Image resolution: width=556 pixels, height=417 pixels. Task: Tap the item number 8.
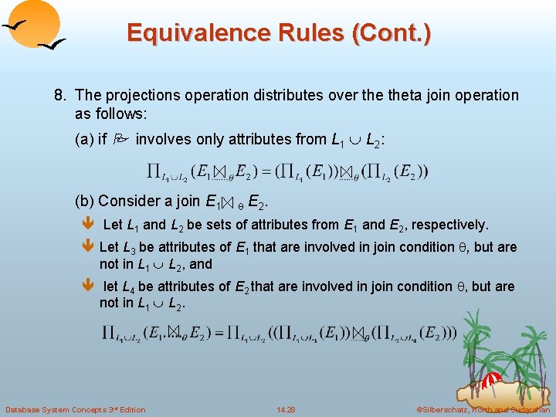59,95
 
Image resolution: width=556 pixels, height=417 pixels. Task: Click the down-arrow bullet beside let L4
86,286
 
